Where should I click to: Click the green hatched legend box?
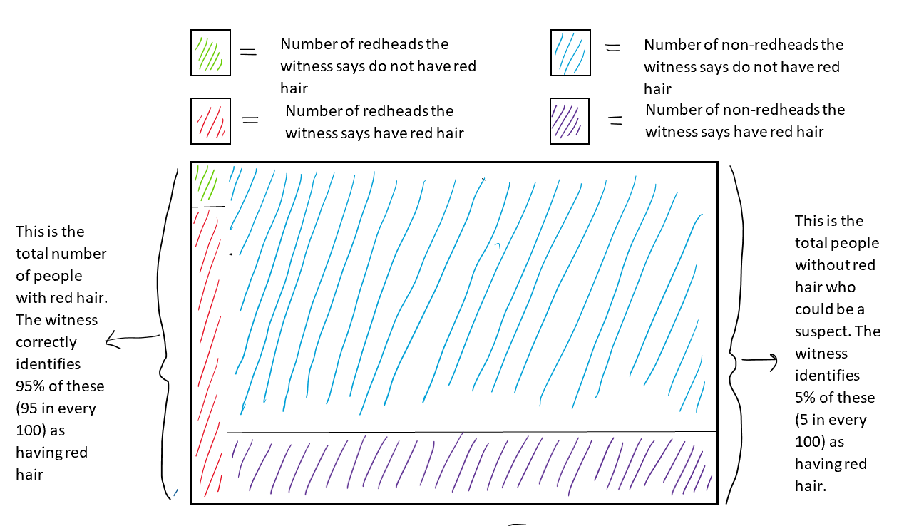tap(210, 53)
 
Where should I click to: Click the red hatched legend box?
tap(210, 121)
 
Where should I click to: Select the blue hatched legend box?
tap(570, 53)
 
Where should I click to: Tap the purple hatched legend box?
tap(570, 121)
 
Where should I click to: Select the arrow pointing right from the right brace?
tap(760, 361)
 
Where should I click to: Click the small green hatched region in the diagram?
tap(207, 184)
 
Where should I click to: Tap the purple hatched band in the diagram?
tap(471, 466)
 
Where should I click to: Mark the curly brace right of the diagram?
tap(730, 335)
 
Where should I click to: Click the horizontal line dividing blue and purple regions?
tap(471, 432)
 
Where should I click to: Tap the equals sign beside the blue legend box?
tap(612, 48)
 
